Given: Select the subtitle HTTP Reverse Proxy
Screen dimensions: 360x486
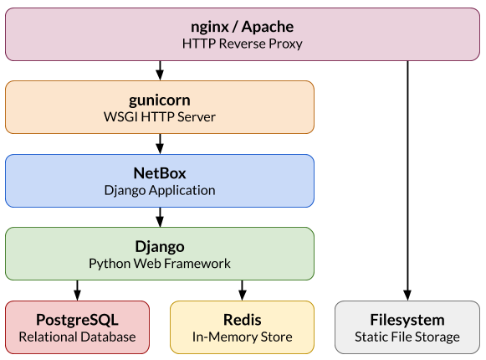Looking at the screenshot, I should click(241, 44).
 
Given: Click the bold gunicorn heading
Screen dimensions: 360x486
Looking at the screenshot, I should click(159, 100).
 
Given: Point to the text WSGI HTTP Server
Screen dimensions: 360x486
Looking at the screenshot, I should click(159, 117).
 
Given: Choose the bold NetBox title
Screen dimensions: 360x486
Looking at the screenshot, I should click(159, 173).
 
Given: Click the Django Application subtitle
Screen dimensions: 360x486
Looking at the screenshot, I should click(159, 190).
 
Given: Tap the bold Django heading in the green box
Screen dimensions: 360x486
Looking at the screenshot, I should click(159, 247).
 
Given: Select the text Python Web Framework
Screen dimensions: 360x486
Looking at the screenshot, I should click(159, 264).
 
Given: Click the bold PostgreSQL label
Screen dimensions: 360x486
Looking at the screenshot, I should click(77, 320).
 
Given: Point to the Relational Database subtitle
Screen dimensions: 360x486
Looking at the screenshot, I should click(77, 337).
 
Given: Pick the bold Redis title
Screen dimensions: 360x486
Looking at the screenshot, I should click(242, 320).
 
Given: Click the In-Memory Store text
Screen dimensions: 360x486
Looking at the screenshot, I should click(242, 337).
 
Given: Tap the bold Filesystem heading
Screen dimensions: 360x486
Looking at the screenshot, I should click(407, 320).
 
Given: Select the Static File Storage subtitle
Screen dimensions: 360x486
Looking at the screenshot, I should click(407, 337).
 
